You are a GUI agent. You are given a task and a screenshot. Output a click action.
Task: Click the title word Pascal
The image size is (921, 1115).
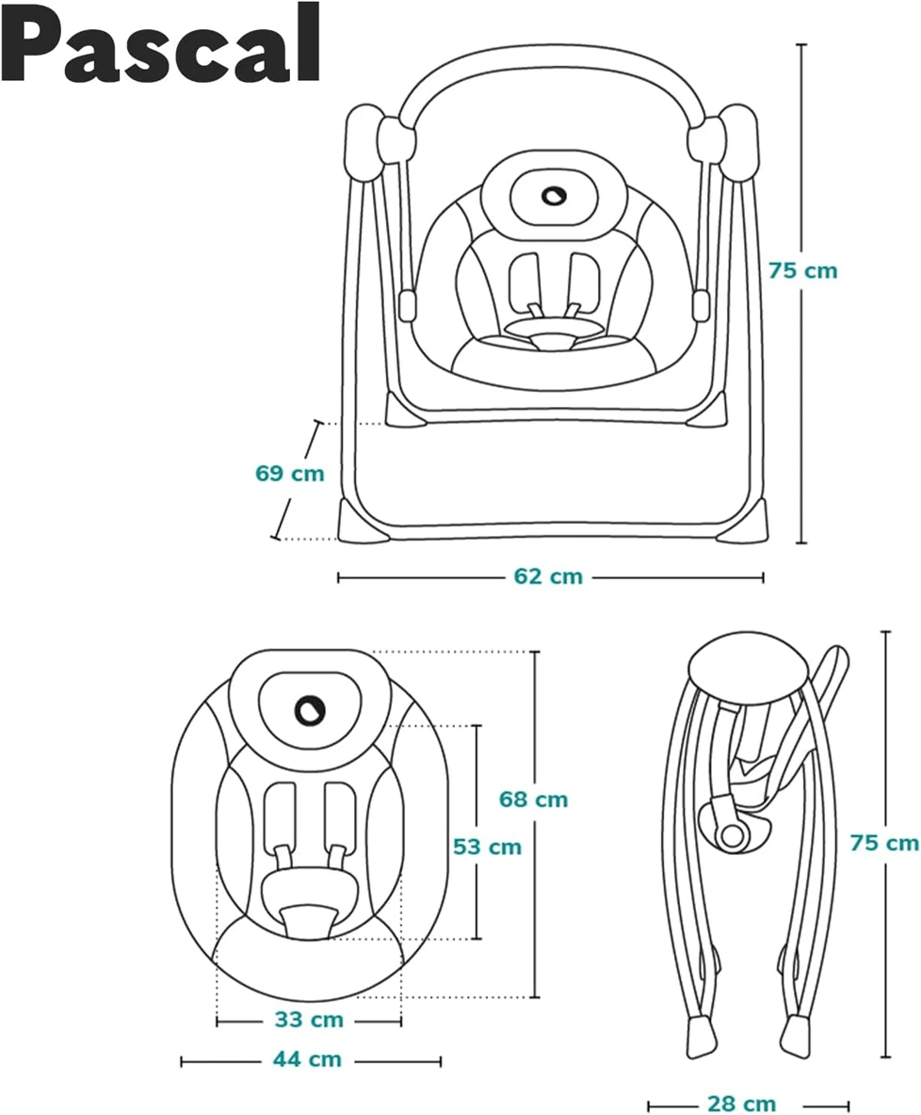click(161, 43)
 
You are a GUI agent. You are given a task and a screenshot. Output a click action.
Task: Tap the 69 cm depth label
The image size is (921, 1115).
click(289, 473)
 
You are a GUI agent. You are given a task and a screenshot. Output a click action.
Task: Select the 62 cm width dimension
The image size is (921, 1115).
click(548, 577)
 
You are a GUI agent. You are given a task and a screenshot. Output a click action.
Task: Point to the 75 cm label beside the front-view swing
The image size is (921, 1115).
click(802, 270)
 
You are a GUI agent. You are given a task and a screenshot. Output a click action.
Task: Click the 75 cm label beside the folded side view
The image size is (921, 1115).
click(883, 843)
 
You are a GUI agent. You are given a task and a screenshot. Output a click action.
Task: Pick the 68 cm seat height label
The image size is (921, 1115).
click(534, 800)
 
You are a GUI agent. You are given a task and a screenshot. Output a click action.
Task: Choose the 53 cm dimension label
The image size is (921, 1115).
click(487, 847)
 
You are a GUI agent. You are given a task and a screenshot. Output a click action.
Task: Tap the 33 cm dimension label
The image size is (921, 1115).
click(309, 1020)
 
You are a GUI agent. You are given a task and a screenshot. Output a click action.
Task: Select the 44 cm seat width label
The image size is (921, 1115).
click(307, 1059)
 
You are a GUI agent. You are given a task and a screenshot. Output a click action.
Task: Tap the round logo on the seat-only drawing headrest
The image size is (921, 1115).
click(308, 710)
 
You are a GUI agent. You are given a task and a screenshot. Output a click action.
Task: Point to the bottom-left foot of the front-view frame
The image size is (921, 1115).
click(363, 523)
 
